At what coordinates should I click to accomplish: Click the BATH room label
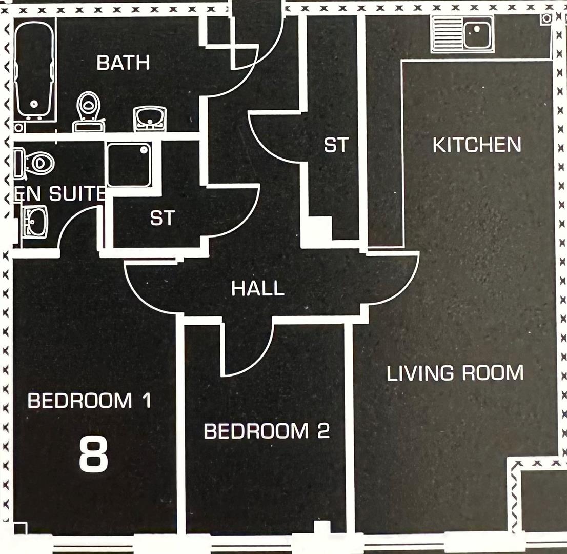(x=123, y=63)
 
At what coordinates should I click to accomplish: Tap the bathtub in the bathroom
(x=34, y=72)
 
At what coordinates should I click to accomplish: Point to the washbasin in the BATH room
(x=150, y=118)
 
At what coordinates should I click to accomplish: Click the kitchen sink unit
(x=462, y=33)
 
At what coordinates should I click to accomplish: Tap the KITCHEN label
(x=477, y=145)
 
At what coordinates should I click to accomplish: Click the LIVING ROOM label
(x=455, y=373)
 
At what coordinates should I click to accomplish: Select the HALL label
(x=257, y=288)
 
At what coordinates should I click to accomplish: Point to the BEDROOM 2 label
(x=267, y=431)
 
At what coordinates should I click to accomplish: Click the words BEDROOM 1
(x=90, y=400)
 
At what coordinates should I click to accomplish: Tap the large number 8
(x=94, y=454)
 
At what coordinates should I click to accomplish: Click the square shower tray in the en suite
(x=129, y=165)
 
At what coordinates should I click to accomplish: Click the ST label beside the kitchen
(x=336, y=145)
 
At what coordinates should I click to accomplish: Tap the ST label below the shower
(x=163, y=219)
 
